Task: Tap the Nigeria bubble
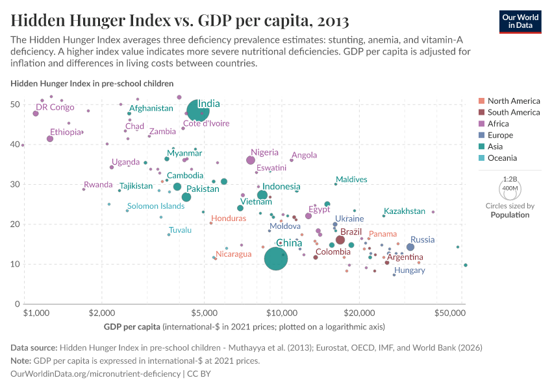pyautogui.click(x=251, y=160)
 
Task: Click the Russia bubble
pyautogui.click(x=410, y=247)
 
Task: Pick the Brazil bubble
pyautogui.click(x=340, y=240)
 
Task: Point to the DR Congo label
pyautogui.click(x=55, y=108)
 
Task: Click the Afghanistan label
pyautogui.click(x=151, y=108)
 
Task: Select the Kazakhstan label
pyautogui.click(x=405, y=211)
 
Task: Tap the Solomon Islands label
pyautogui.click(x=156, y=206)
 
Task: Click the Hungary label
pyautogui.click(x=409, y=270)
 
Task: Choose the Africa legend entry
pyautogui.click(x=497, y=124)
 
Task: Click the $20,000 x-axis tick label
pyautogui.click(x=359, y=312)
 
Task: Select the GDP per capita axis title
pyautogui.click(x=132, y=326)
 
